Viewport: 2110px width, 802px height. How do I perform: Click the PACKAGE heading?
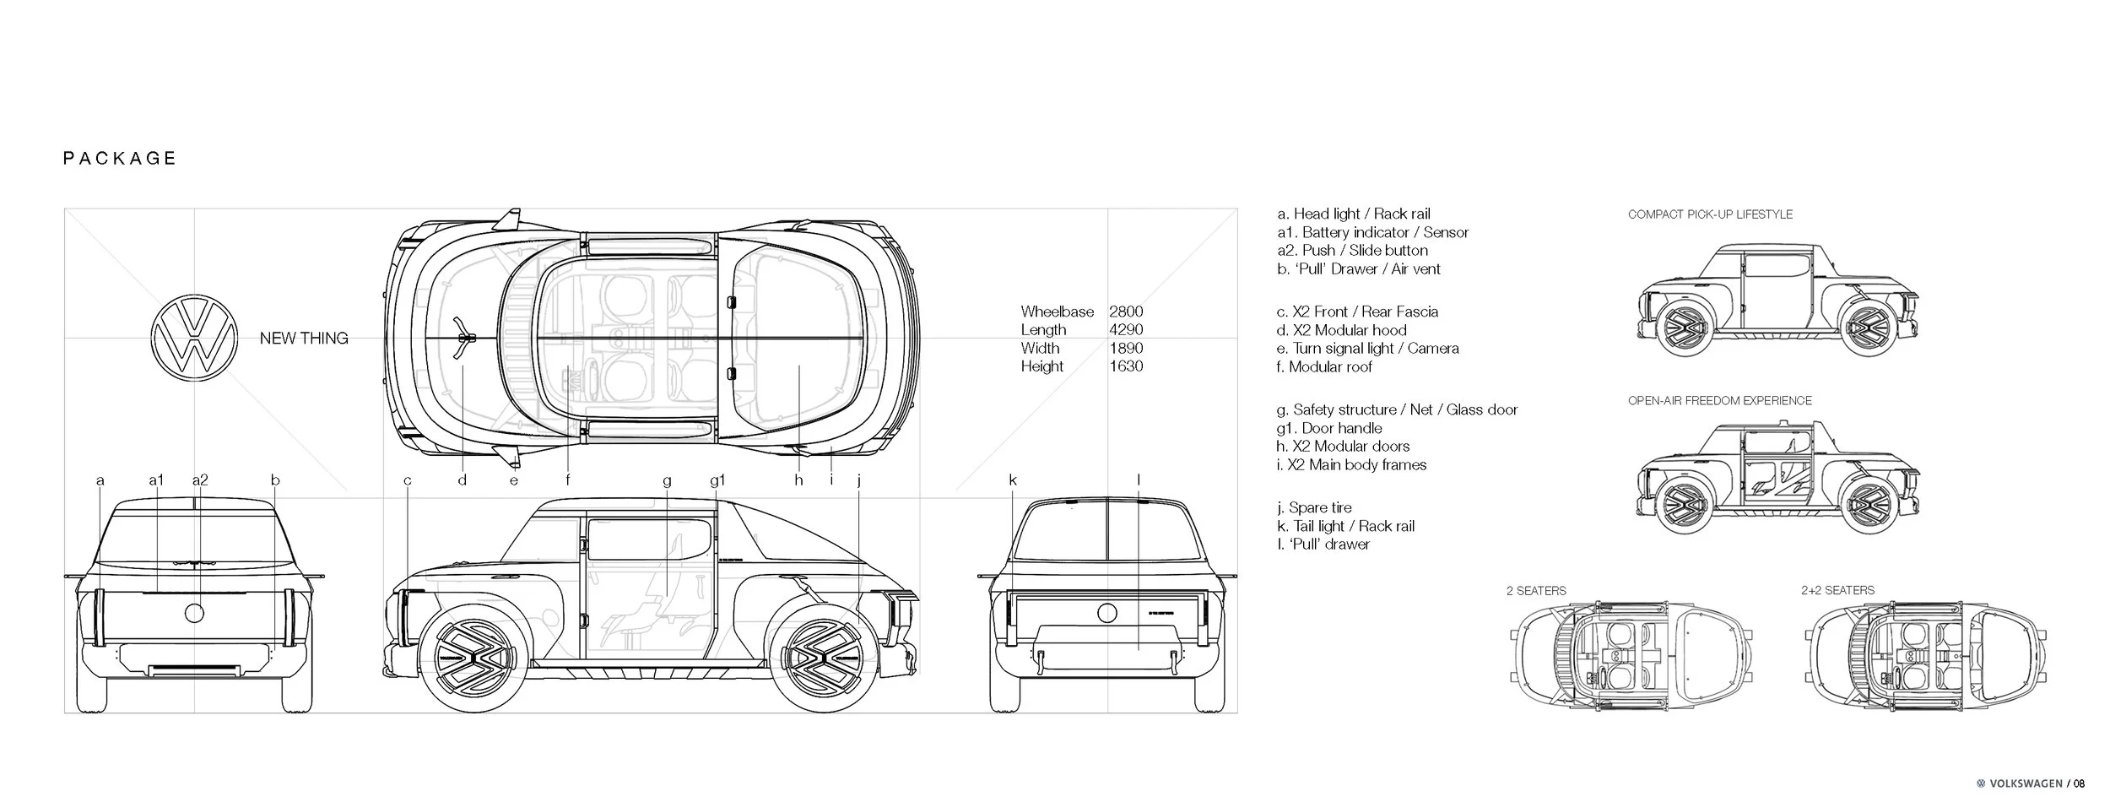120,159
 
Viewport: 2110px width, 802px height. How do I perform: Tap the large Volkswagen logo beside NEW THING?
193,338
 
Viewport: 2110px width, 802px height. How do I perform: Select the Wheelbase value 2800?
1126,312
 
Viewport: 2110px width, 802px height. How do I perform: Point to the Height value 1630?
1126,366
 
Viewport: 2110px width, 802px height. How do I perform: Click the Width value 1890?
1126,348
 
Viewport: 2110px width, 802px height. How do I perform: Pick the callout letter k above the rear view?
1013,480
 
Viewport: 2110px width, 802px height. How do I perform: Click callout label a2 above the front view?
200,480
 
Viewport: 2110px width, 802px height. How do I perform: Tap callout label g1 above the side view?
717,480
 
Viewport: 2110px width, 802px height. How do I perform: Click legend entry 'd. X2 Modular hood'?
1341,330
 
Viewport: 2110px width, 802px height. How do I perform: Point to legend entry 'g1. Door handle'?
1329,428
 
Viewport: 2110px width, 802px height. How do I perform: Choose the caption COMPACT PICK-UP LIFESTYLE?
1710,214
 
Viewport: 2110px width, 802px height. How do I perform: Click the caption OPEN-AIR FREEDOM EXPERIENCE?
1719,400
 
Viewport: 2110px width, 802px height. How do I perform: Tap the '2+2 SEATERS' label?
1837,590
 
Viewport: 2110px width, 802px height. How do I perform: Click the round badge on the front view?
195,613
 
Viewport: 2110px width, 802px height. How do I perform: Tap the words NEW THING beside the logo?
304,339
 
